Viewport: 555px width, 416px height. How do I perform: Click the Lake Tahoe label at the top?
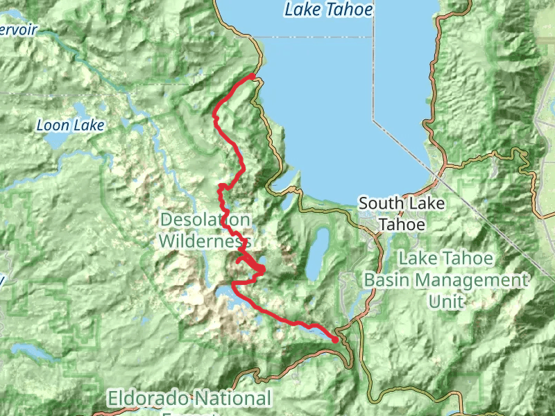329,10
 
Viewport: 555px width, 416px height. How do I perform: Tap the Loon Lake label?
70,125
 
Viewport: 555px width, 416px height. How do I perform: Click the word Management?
473,280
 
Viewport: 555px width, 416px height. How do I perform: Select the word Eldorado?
148,399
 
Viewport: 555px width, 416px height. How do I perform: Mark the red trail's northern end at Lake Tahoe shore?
253,76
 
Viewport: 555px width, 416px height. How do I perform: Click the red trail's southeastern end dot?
336,340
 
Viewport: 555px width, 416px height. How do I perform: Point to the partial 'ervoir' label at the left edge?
19,31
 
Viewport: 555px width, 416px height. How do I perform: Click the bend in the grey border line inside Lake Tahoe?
373,119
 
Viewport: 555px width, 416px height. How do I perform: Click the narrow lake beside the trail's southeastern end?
316,332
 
